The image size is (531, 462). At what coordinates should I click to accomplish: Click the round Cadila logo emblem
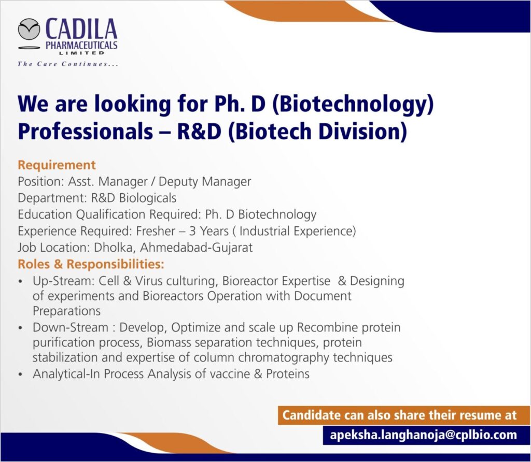coord(29,29)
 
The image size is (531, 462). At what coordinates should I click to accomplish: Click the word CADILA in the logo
coord(81,30)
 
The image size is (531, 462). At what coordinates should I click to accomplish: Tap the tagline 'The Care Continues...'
coord(68,64)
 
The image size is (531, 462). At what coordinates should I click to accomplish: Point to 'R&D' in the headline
coord(199,131)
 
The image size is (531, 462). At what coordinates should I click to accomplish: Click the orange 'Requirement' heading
coord(57,165)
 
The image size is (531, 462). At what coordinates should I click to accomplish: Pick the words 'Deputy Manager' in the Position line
coord(205,182)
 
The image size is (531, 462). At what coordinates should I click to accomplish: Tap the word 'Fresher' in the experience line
coord(156,231)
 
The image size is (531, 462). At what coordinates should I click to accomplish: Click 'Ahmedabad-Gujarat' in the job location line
coord(197,248)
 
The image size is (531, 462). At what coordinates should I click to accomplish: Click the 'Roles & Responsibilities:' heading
coord(91,264)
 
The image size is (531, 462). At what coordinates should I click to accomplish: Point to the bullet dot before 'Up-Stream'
coord(21,281)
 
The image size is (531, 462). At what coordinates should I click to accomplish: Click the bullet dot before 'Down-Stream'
coord(21,328)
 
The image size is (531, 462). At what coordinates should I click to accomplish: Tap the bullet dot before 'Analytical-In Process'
coord(21,374)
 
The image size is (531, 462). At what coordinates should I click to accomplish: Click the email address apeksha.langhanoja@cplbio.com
coord(423,435)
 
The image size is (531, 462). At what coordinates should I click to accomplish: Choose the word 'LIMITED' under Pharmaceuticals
coord(81,53)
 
